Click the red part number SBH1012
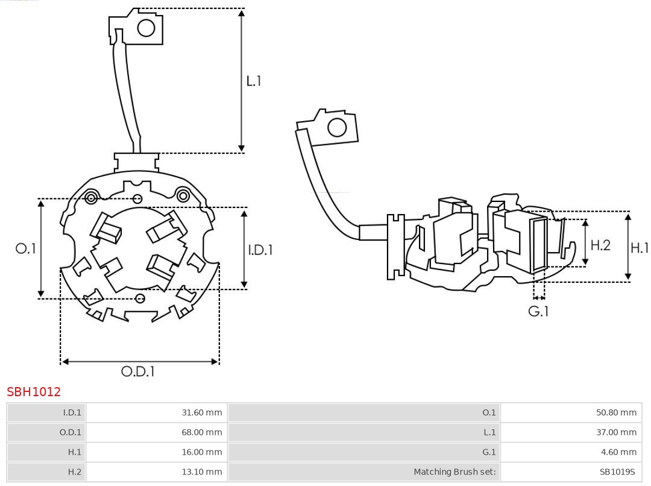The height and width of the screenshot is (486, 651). point(34,392)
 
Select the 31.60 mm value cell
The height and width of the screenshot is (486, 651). point(202,412)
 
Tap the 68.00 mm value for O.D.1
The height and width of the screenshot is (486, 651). point(202,432)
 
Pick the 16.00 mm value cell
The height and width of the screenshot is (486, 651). point(202,452)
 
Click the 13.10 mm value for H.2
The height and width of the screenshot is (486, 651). point(202,472)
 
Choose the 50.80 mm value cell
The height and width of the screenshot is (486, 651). point(616,412)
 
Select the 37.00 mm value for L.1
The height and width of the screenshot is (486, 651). point(616,432)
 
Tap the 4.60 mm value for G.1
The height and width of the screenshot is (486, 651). point(618,452)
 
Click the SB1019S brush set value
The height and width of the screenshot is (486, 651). point(617,472)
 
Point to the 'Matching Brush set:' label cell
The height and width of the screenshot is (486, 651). point(454,472)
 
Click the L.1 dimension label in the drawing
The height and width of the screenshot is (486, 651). point(254,81)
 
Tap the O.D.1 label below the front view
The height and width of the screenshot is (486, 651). point(138,371)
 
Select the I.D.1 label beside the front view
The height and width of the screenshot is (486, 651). point(260,250)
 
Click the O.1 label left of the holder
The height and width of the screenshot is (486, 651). point(26,248)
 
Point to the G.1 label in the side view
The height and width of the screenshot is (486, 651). point(538,311)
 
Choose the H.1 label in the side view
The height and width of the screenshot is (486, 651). point(640,247)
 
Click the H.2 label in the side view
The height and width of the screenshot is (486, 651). point(600,245)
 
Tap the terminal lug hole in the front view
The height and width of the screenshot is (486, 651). point(146,28)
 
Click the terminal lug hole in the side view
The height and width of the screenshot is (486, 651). point(337,128)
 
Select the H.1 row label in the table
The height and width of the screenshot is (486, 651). point(74,452)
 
